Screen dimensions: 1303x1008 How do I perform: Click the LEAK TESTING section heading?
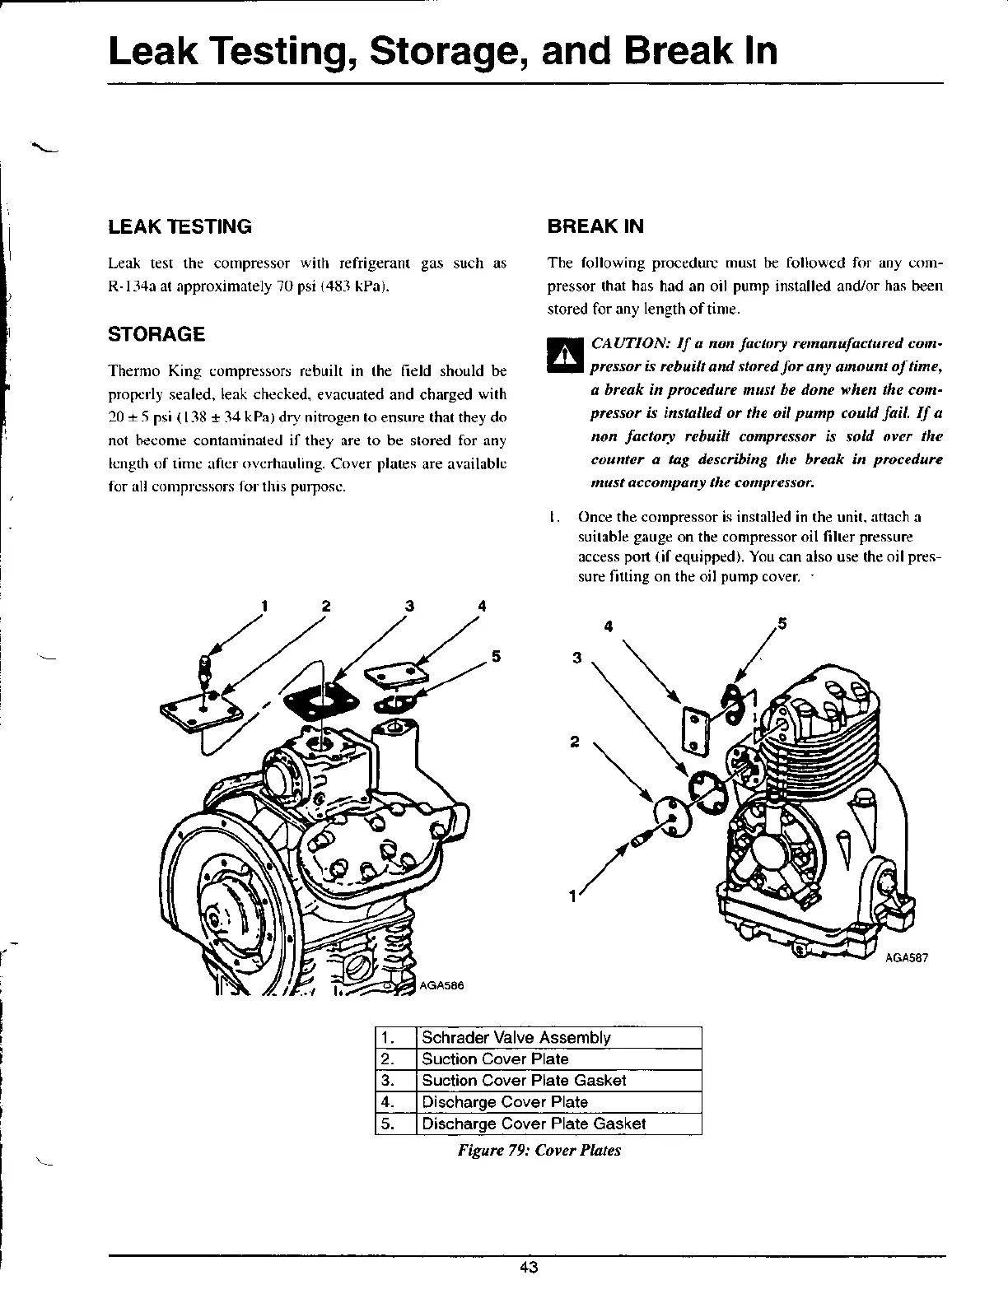[x=180, y=226]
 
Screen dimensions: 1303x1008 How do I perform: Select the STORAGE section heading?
[x=156, y=335]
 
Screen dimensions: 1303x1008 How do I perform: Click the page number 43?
[x=529, y=1268]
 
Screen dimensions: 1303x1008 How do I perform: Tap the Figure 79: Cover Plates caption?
[x=539, y=1150]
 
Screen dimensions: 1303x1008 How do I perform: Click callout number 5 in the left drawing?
[x=496, y=656]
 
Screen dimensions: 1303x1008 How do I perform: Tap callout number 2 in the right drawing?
[x=575, y=742]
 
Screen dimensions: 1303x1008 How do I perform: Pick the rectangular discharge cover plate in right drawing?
[x=694, y=728]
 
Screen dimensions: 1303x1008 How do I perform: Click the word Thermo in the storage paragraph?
[x=128, y=371]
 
